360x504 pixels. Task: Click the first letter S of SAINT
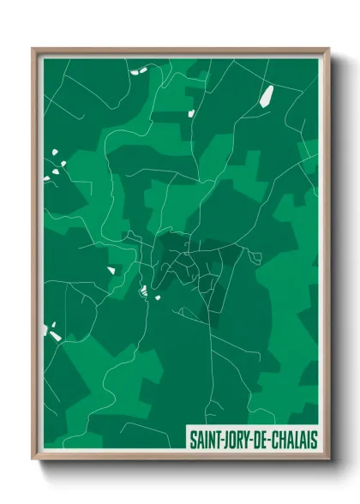(193, 440)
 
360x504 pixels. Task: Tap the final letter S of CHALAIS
(315, 440)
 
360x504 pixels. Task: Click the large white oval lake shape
(267, 95)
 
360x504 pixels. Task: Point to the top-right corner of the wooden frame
(329, 48)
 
